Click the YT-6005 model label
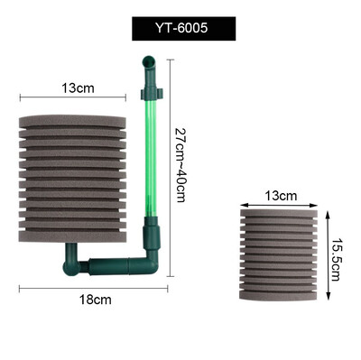[x=180, y=28]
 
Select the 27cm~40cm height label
[x=180, y=171]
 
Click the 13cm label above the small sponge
[x=281, y=195]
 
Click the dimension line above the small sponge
[x=281, y=203]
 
